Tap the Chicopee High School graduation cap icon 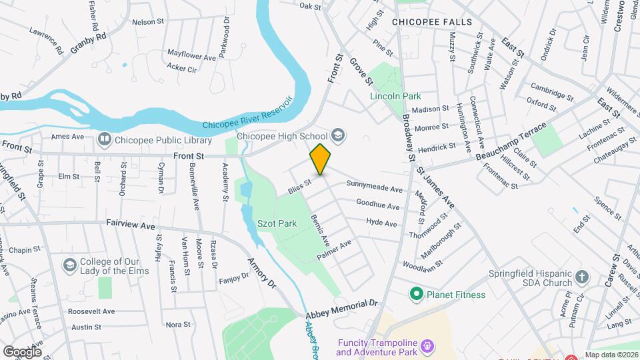tap(338, 136)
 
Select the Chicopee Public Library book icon tap(104, 140)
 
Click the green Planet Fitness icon tap(417, 293)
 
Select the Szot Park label tap(277, 224)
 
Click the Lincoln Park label tap(396, 96)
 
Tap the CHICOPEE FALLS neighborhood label tap(432, 22)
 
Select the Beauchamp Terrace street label tap(511, 141)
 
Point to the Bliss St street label tap(300, 187)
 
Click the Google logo tap(22, 351)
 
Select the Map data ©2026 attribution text tap(611, 355)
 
